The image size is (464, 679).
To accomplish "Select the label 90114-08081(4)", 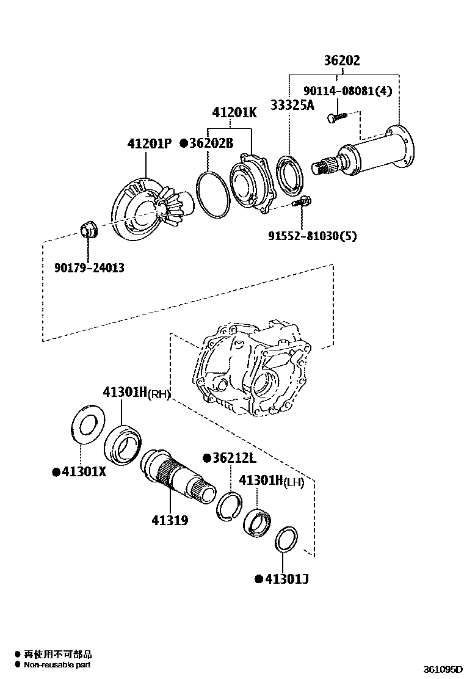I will coord(347,91).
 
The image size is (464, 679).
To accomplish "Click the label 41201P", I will coord(149,144).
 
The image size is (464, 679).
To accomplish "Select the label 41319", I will coord(170,520).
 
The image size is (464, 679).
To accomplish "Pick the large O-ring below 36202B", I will coord(212,194).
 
